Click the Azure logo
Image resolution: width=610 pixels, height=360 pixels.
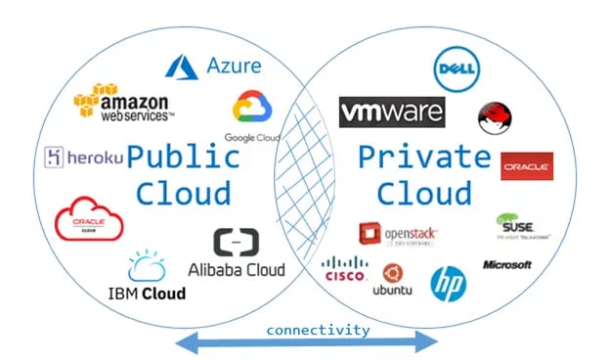(213, 66)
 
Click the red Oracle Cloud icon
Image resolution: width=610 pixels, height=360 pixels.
(89, 219)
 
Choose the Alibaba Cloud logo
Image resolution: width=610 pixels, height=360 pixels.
(237, 253)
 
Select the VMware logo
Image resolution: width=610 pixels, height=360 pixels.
(391, 112)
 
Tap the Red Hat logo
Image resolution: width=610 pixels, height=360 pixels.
(495, 118)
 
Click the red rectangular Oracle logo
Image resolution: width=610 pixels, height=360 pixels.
(527, 166)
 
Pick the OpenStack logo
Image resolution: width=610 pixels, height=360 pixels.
(398, 234)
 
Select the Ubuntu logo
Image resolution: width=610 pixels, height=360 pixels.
(393, 279)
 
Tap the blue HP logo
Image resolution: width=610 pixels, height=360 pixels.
(448, 283)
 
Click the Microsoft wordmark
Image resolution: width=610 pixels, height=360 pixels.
(506, 265)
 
